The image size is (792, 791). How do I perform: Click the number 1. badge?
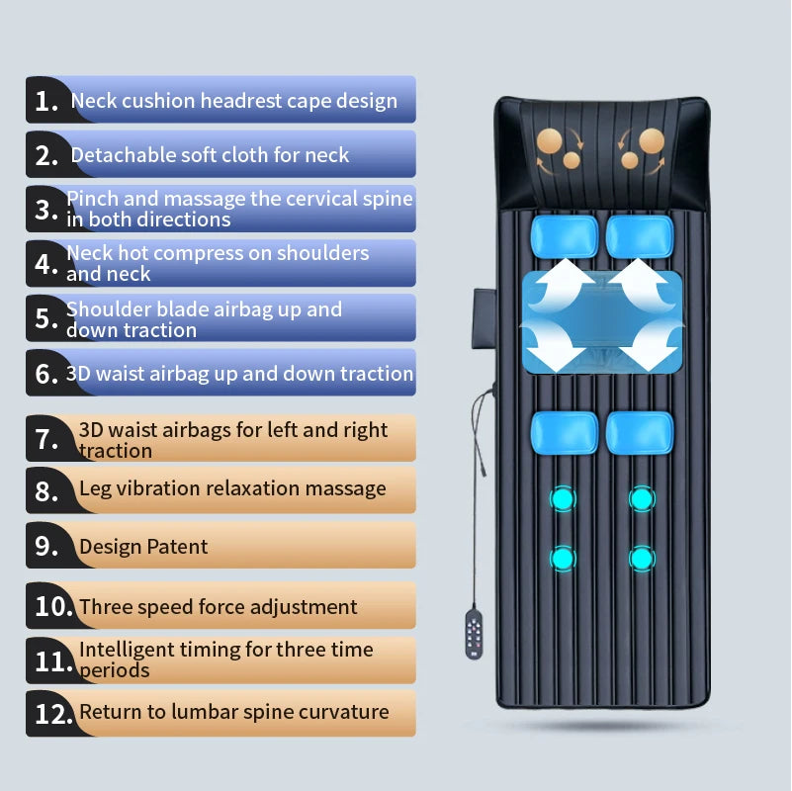[46, 100]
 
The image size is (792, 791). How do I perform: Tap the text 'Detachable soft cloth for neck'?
[210, 155]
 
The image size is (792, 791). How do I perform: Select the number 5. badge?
[46, 318]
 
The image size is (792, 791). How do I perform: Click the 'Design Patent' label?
[143, 547]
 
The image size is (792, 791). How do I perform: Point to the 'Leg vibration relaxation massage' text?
[232, 488]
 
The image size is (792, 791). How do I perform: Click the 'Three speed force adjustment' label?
[218, 607]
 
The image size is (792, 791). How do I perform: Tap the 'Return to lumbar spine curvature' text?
[233, 712]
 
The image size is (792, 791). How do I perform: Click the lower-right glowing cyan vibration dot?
[642, 560]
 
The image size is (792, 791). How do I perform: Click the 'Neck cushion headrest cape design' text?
[233, 101]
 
